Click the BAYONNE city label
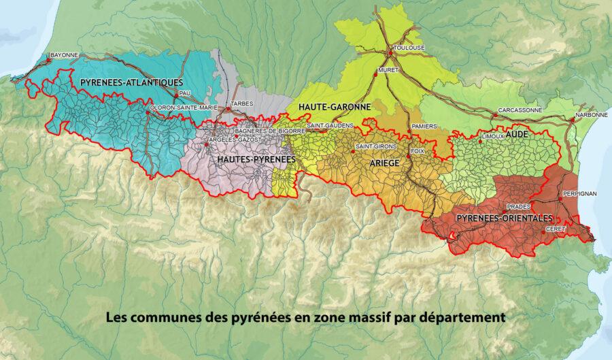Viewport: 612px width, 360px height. click(x=65, y=54)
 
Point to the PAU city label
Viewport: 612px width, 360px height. click(x=185, y=93)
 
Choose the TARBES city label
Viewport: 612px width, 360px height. click(x=242, y=103)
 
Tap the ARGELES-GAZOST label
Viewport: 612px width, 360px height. click(x=231, y=139)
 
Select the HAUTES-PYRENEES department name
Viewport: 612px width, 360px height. click(x=256, y=159)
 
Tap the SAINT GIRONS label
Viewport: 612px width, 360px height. click(x=372, y=147)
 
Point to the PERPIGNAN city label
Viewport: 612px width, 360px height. click(x=579, y=194)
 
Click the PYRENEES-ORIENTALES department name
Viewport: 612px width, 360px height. click(x=505, y=218)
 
